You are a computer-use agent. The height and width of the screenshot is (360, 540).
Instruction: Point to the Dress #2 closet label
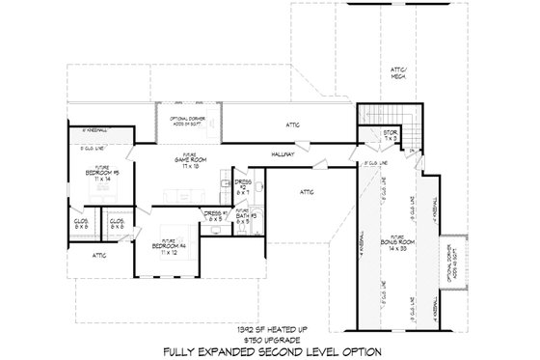tap(242, 183)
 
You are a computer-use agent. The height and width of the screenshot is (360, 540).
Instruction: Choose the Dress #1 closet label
tap(215, 215)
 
